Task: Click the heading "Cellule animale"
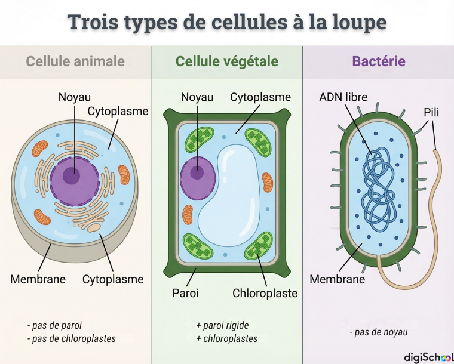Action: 75,61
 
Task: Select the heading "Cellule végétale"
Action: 227,61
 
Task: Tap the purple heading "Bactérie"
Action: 379,61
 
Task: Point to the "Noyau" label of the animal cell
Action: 75,97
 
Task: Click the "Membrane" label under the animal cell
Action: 38,279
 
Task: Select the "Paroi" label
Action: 185,293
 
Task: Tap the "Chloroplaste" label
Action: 265,293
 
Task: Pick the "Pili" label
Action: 431,113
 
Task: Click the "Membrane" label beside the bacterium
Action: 337,279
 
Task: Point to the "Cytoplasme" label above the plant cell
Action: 260,97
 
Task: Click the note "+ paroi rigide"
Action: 222,326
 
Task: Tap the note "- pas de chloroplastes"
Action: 71,338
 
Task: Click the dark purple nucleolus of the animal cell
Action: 72,177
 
